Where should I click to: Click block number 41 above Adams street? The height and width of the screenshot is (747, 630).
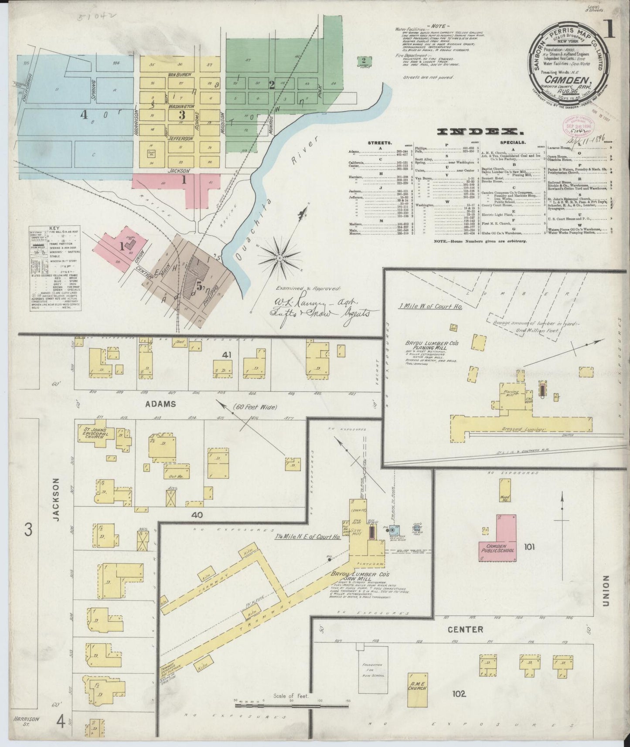coord(226,355)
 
